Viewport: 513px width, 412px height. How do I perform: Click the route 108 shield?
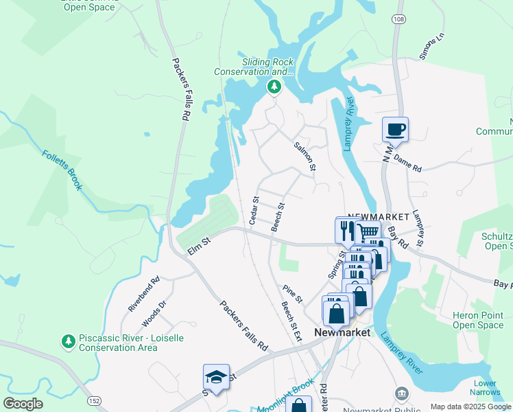(x=398, y=19)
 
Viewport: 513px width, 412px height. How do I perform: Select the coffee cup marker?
(x=396, y=128)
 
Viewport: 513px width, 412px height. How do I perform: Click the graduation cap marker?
(x=216, y=378)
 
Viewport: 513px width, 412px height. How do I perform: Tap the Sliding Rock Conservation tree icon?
(x=274, y=87)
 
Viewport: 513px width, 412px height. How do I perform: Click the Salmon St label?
(x=304, y=157)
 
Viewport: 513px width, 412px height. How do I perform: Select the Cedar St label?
(x=254, y=211)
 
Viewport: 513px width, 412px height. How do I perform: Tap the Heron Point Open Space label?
(x=478, y=320)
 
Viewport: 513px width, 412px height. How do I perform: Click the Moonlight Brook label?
(x=285, y=396)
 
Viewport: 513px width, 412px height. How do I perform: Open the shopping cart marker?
(x=368, y=233)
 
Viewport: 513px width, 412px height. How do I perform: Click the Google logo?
(x=22, y=404)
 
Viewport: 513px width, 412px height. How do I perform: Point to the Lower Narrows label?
(x=485, y=388)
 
